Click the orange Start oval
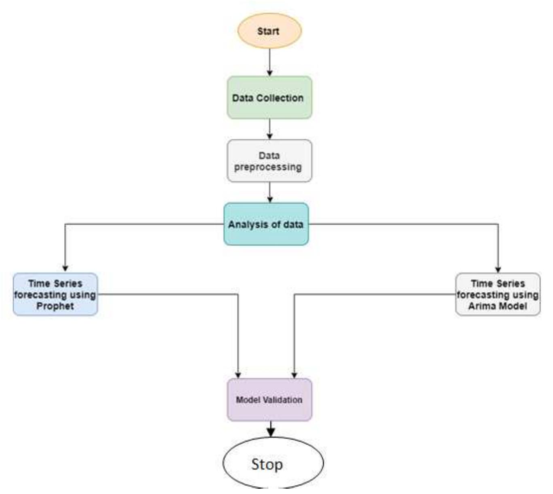pos(269,31)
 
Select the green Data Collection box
pos(269,98)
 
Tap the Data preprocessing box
pos(269,161)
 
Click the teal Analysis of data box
pos(266,224)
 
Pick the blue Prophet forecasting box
pos(55,295)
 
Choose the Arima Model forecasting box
pos(498,295)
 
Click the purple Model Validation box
pos(269,400)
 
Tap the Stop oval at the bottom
pos(273,463)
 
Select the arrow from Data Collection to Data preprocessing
pos(269,129)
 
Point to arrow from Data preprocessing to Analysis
pos(270,192)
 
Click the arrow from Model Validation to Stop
pos(271,429)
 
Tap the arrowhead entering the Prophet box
pos(65,268)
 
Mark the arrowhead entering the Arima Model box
pos(498,269)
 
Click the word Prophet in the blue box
pos(55,306)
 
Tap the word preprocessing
pos(268,167)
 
